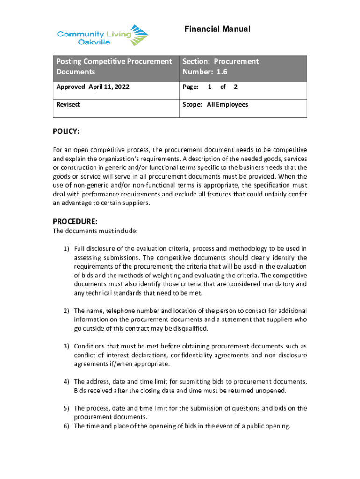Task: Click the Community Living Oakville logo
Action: [x=102, y=35]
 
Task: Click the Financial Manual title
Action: [x=217, y=29]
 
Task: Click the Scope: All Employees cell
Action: [x=216, y=105]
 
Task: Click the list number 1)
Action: [x=66, y=248]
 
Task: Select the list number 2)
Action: [x=66, y=311]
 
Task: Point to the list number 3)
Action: [x=66, y=346]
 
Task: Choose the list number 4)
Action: [x=66, y=381]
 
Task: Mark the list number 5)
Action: [x=66, y=408]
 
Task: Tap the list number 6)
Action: [x=66, y=426]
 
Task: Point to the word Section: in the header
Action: [x=194, y=61]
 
